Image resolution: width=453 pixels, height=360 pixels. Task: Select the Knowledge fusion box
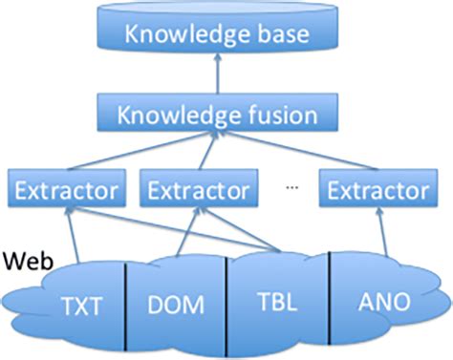216,116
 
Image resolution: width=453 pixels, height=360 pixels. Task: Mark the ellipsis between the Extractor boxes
292,189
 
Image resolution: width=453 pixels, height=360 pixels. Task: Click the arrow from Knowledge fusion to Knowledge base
216,76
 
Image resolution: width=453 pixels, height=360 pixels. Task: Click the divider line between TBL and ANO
330,301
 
